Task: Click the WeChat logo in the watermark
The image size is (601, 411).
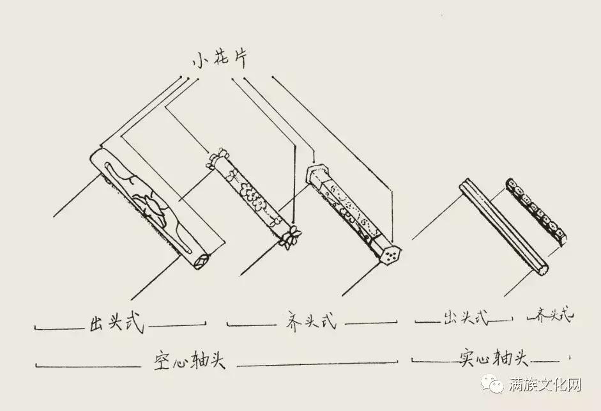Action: click(x=494, y=385)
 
